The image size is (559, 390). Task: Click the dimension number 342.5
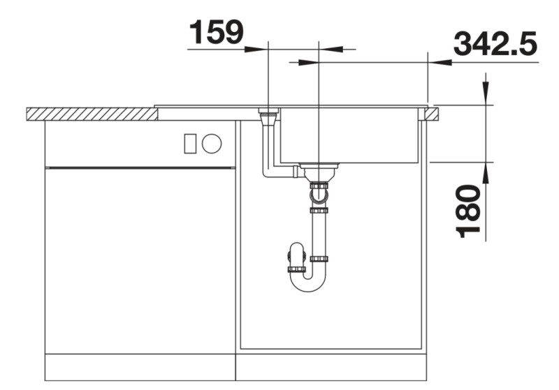coord(495,44)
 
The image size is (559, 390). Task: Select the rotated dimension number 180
coord(470,211)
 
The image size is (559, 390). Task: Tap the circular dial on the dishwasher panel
coord(212,144)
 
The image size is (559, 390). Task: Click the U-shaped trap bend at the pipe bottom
coord(308,283)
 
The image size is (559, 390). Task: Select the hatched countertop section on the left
coord(91,113)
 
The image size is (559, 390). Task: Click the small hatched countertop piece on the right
coord(432,113)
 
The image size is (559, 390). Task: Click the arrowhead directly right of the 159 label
coord(259,50)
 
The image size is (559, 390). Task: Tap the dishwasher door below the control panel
coord(140,258)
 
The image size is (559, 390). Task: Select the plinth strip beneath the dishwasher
coord(140,366)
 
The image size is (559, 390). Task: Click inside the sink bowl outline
coord(349,136)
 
